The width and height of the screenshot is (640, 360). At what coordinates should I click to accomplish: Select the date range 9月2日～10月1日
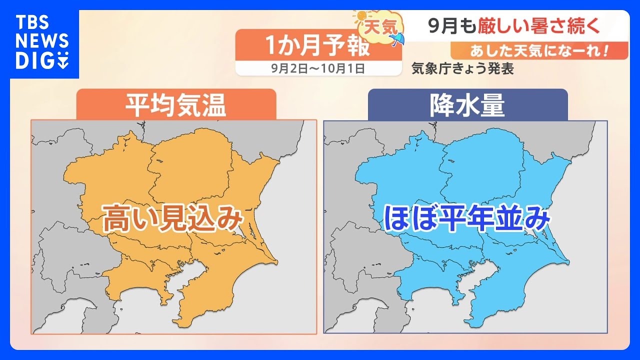click(318, 68)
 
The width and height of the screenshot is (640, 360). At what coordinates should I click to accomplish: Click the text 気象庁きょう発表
click(462, 69)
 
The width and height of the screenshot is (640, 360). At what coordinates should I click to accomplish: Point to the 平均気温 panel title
click(175, 105)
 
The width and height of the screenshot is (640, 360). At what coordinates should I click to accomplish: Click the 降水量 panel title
click(467, 105)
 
